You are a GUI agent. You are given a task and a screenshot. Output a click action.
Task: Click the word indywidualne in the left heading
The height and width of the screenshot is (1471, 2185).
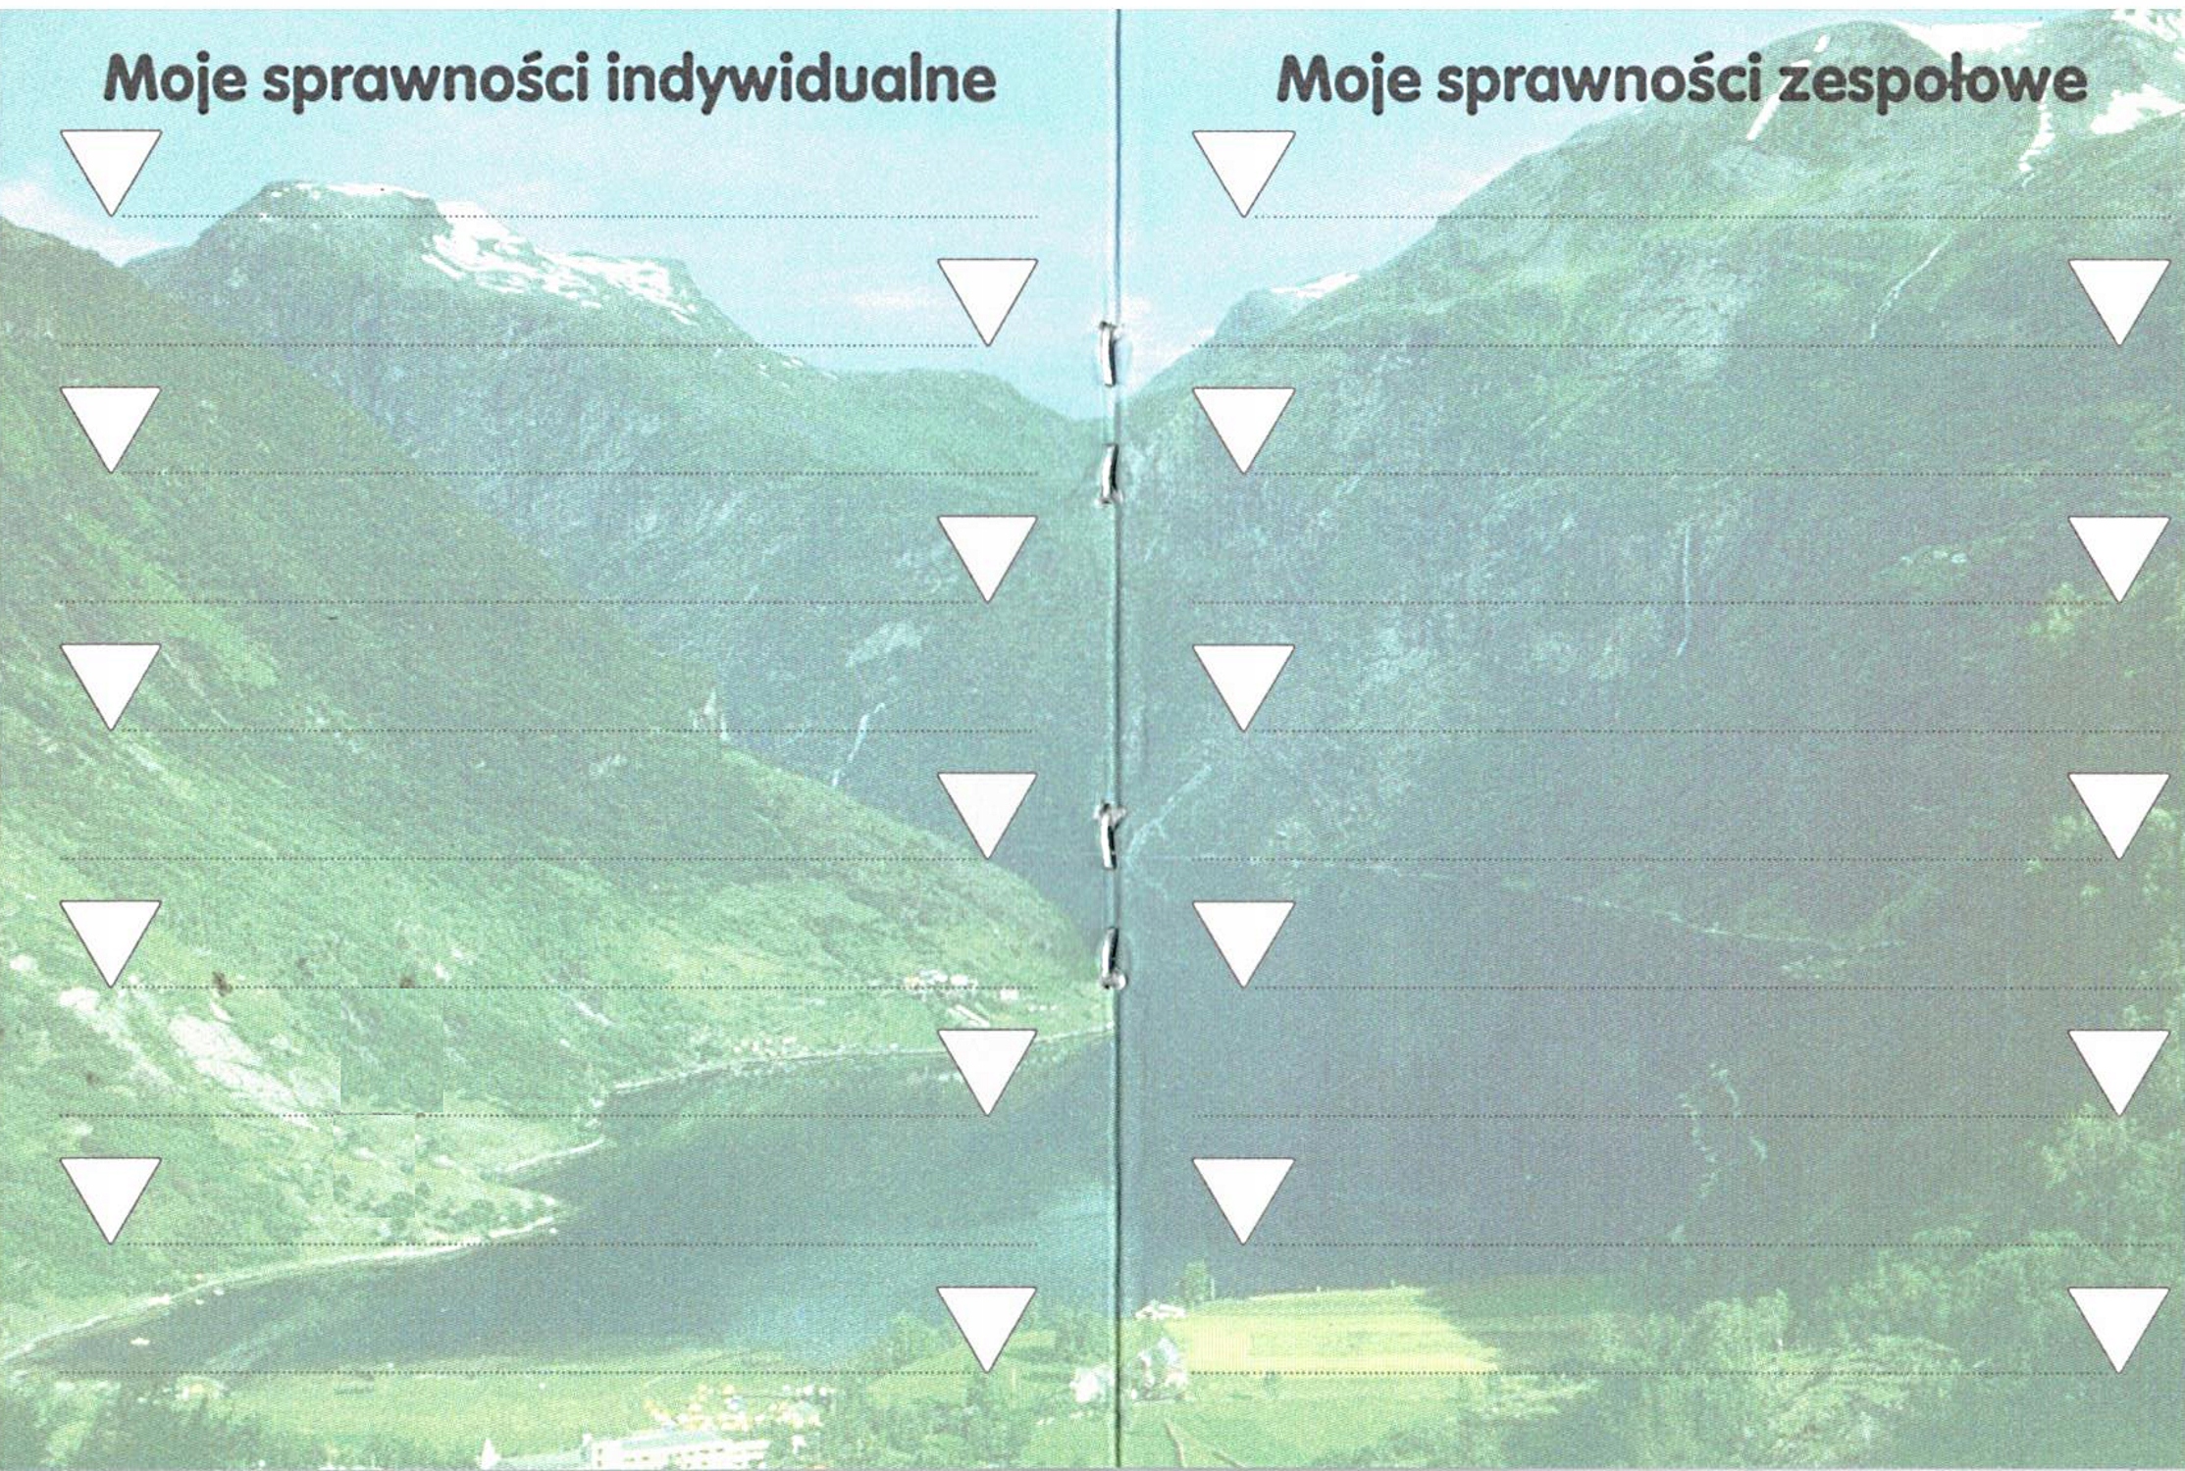800,80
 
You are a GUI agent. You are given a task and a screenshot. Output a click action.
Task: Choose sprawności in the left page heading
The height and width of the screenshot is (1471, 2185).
427,80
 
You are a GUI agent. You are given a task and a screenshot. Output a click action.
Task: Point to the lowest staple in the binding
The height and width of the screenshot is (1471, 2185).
1110,957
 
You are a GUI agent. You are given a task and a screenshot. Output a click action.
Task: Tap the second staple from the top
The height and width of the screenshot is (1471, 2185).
1109,474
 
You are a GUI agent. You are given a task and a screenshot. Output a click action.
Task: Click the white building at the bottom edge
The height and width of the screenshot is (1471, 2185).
628,1449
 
